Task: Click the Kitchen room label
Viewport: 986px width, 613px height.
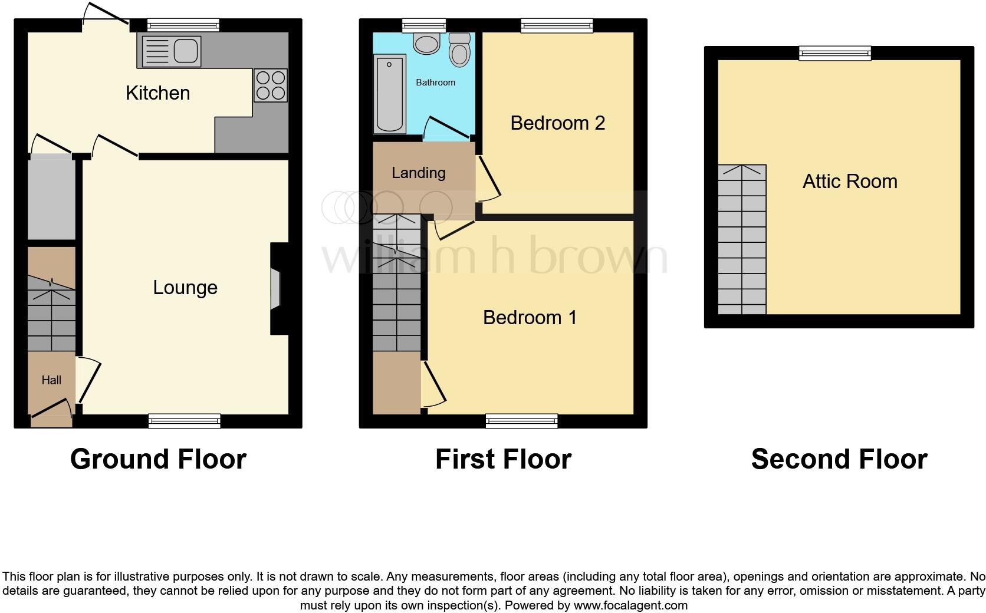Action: click(157, 93)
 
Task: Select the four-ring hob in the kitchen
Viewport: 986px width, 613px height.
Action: click(271, 85)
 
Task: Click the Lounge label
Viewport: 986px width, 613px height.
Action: click(185, 288)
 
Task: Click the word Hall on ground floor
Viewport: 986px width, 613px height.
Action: click(51, 380)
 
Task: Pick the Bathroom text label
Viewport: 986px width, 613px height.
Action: click(435, 83)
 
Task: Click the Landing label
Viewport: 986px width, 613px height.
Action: click(418, 173)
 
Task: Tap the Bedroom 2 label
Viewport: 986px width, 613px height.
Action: click(557, 123)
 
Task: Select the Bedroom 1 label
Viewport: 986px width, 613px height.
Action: click(530, 318)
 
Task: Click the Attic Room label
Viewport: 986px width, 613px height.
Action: click(850, 182)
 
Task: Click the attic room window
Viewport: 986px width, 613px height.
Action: click(834, 54)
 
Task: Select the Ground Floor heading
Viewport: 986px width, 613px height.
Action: click(158, 459)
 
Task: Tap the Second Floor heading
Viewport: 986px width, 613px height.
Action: click(839, 459)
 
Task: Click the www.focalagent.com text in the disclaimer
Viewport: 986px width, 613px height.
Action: click(630, 605)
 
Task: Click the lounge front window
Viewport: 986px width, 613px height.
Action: click(184, 420)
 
